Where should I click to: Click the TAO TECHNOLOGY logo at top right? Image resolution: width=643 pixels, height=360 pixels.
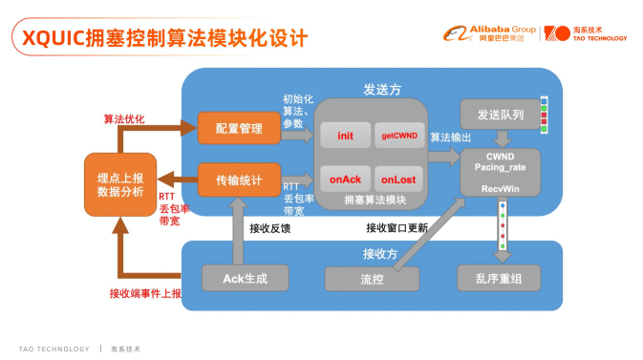coord(586,33)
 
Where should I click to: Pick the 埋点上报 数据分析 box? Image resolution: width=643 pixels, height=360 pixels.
coord(119,183)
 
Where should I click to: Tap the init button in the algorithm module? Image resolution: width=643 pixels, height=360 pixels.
coord(345,136)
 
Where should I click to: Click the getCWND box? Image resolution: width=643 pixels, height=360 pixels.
coord(395,136)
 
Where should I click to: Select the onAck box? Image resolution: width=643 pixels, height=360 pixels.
coord(345,179)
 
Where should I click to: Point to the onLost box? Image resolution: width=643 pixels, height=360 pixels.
coord(395,179)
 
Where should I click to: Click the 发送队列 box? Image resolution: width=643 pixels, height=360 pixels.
coord(499,115)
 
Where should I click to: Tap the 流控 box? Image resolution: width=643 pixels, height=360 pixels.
coord(372,279)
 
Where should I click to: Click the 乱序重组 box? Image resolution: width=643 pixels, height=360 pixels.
coord(499,278)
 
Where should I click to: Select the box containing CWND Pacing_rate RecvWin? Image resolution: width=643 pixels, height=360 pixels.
coord(500,174)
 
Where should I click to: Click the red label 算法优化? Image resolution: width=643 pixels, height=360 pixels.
coord(123,119)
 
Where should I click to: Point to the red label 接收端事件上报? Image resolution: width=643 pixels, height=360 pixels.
coord(144,293)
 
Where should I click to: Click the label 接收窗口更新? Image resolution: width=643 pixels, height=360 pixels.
coord(397,227)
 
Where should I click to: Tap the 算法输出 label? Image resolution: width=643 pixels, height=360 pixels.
coord(449,138)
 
